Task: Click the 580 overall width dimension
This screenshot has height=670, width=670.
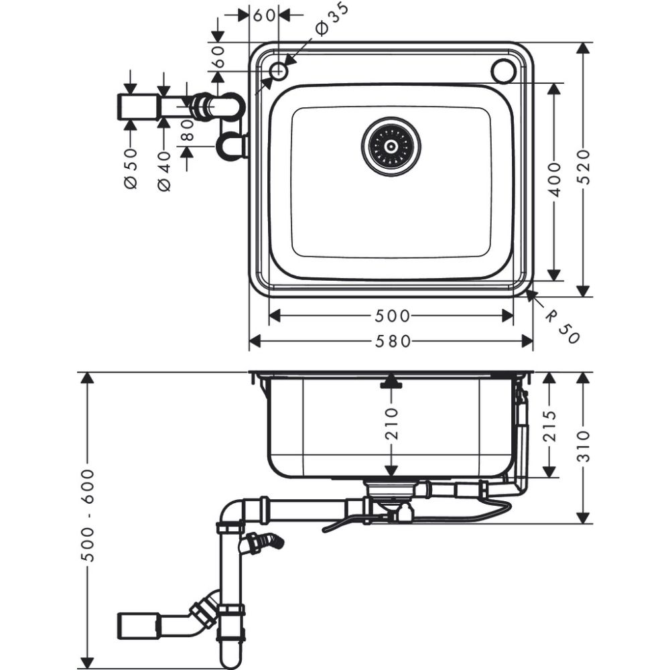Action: pos(392,342)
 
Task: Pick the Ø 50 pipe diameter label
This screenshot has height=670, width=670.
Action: pos(131,168)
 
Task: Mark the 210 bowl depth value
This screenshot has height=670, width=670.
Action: pos(392,423)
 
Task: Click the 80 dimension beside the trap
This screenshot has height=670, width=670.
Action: pos(188,133)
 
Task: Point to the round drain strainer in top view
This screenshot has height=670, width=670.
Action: pos(391,146)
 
